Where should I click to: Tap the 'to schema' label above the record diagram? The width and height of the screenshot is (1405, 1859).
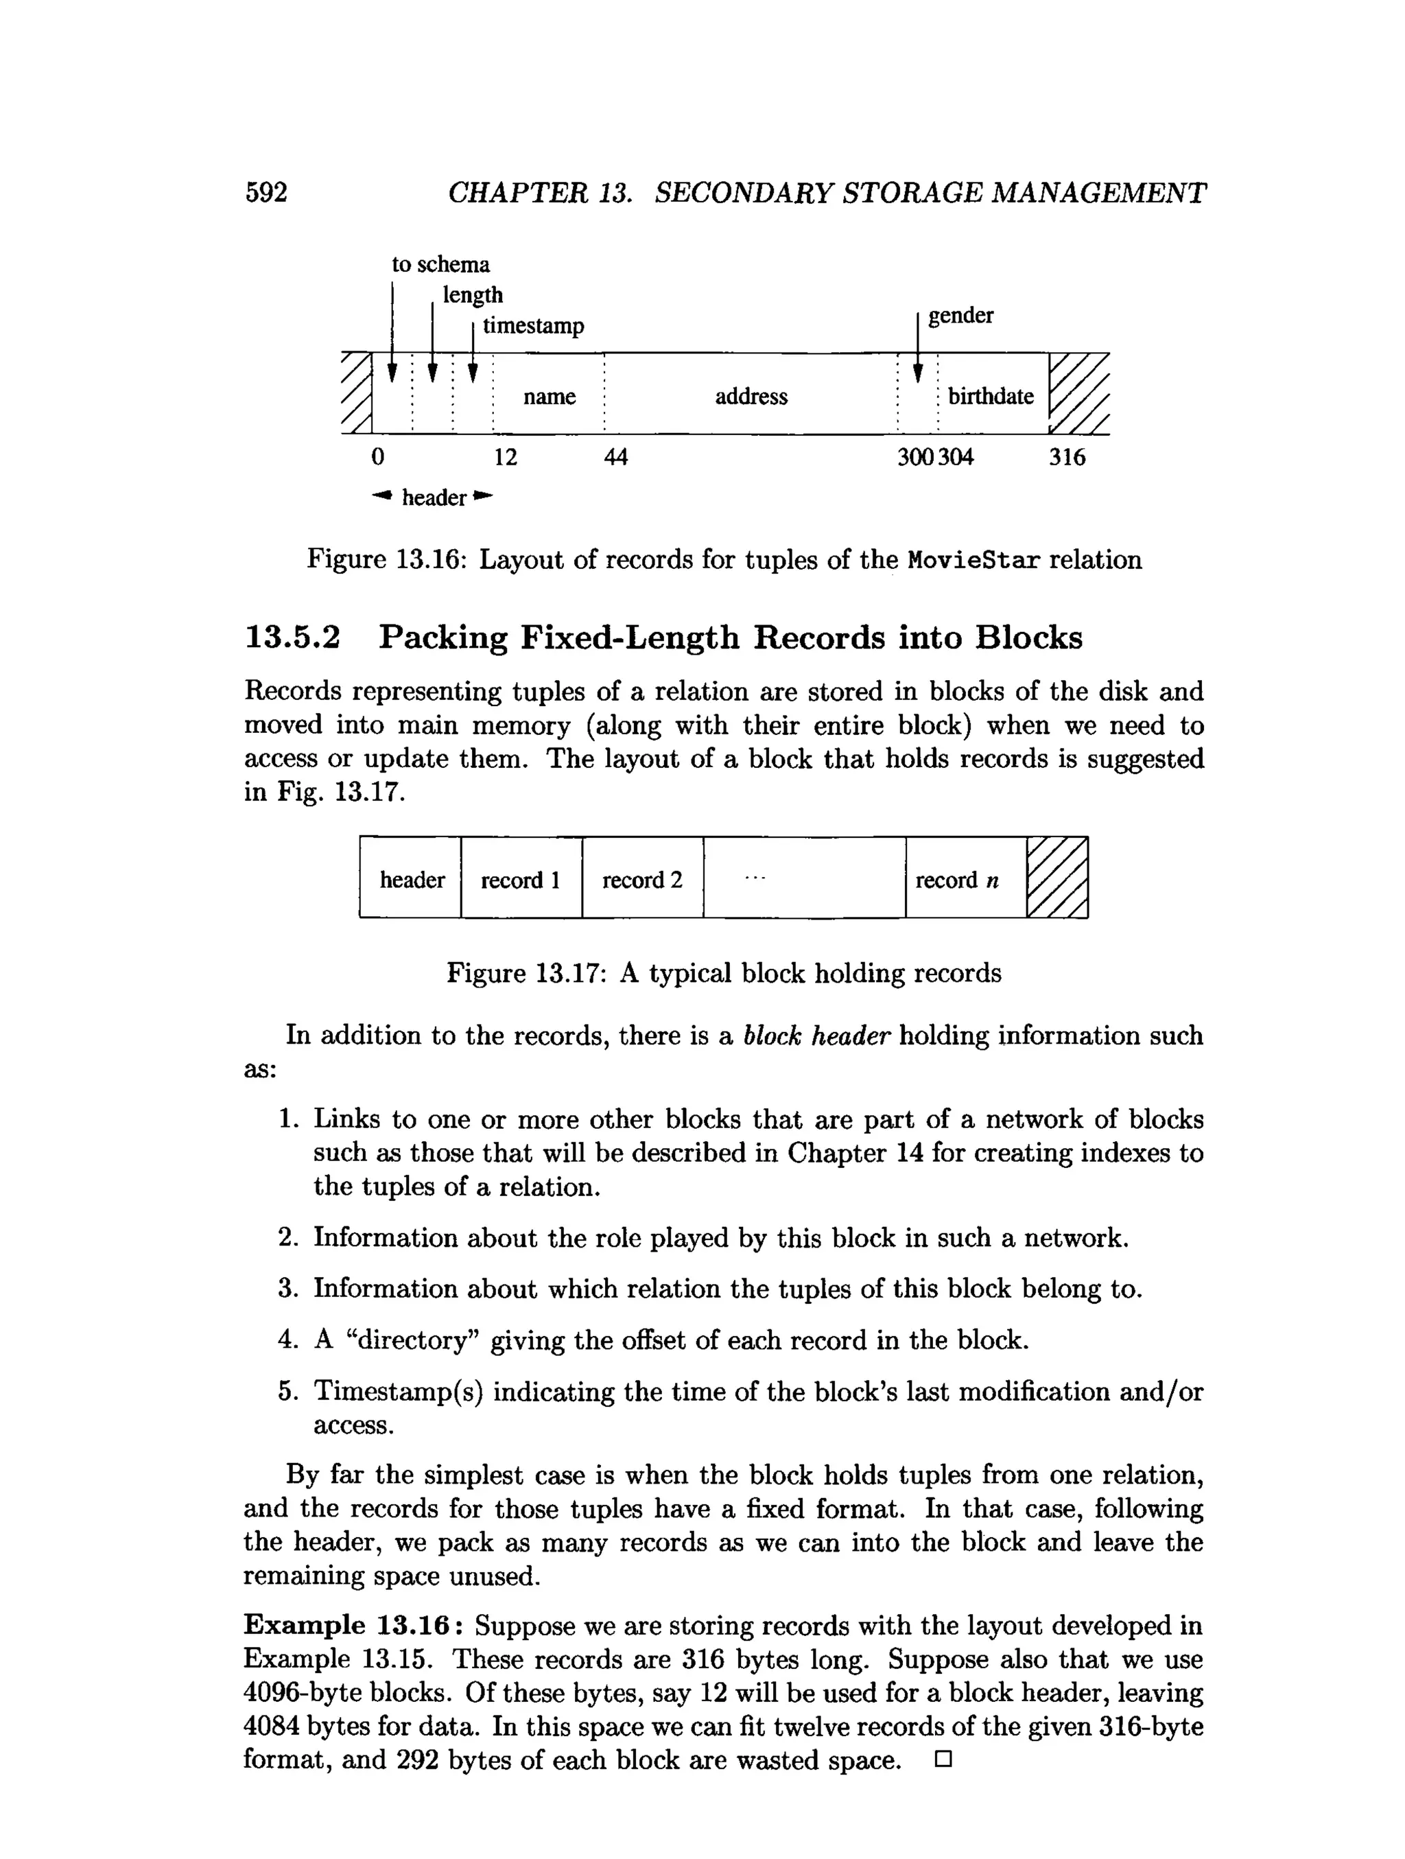pos(440,265)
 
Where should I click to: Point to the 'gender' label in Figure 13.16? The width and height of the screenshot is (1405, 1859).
pos(960,316)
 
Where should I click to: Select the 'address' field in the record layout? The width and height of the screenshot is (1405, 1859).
pos(751,396)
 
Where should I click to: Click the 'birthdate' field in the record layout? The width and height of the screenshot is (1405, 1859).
pos(991,396)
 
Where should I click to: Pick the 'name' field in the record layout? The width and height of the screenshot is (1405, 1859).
pos(549,396)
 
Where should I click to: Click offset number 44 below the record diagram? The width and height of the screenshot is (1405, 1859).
pos(615,457)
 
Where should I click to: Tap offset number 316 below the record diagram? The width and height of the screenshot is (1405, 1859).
pos(1066,457)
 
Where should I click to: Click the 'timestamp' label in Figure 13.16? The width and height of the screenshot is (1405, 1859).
pos(533,325)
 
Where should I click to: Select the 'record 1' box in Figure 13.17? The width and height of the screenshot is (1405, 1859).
pos(520,880)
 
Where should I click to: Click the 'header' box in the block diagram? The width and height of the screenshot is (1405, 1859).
pos(412,880)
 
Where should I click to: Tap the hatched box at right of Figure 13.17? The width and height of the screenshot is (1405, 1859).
pos(1057,878)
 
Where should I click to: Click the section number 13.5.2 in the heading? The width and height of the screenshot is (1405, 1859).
pos(292,637)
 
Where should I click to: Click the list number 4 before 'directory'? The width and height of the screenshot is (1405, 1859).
pos(287,1340)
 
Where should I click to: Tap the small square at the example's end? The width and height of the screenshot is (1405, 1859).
pos(942,1759)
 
